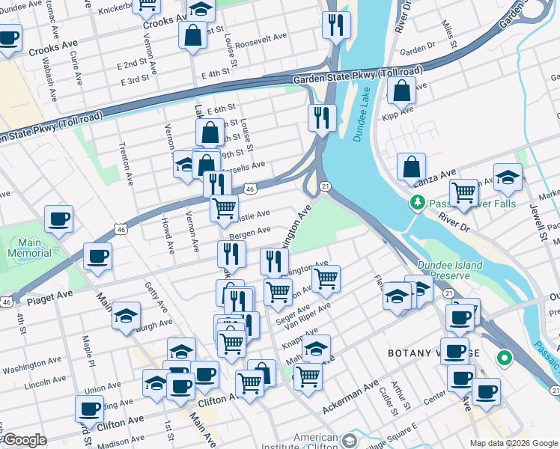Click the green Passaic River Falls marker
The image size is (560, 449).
point(417,202)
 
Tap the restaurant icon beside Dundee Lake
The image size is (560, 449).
point(322,118)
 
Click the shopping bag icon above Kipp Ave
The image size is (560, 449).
point(402,91)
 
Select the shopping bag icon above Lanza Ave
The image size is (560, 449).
point(411,167)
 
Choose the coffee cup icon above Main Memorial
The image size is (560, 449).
point(58,219)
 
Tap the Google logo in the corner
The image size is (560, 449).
point(24,440)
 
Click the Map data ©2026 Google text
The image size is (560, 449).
point(514,443)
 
